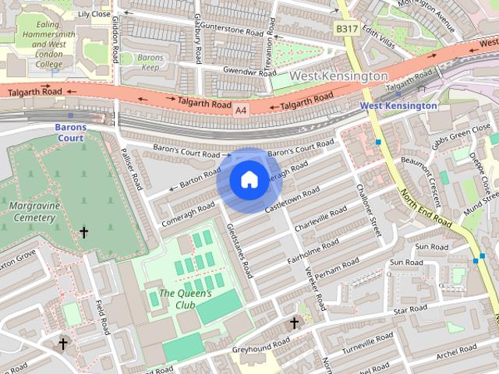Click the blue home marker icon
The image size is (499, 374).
tap(249, 180)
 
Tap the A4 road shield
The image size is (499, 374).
tap(242, 111)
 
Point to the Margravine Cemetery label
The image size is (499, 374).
tap(33, 212)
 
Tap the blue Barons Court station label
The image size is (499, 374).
tap(69, 132)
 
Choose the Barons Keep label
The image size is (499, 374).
tap(150, 63)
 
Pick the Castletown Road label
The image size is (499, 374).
tap(293, 199)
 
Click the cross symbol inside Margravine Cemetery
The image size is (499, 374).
tap(84, 232)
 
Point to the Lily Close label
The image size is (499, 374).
tap(94, 14)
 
